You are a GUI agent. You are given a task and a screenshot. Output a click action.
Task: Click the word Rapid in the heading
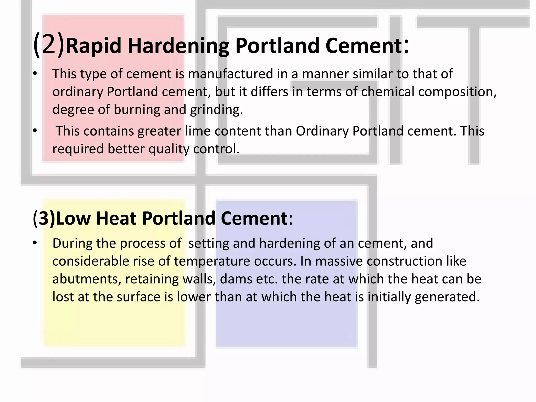coord(94,46)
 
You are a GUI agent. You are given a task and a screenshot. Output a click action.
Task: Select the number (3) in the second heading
coord(44,218)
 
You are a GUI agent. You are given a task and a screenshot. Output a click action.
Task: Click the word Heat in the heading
coord(116,218)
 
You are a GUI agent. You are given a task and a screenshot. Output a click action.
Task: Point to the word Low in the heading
coord(73,218)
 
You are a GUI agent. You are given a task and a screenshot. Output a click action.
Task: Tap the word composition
coord(457,92)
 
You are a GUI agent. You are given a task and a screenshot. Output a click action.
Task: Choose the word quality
coord(169,149)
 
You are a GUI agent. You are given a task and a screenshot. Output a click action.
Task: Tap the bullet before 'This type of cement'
coord(35,74)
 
